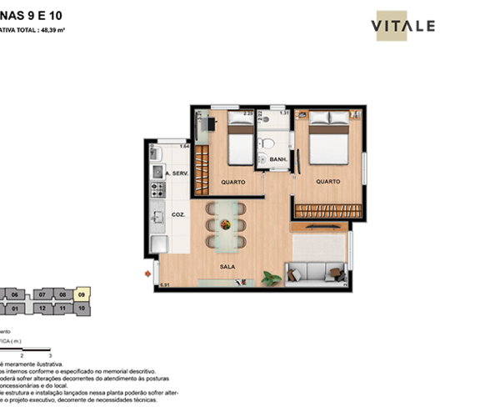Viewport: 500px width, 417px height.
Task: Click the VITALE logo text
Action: (402, 26)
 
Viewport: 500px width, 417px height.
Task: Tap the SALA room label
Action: (227, 267)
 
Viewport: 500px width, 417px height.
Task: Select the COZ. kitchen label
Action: (177, 214)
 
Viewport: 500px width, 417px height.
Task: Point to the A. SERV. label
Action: (177, 173)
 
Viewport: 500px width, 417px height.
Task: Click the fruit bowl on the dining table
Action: (226, 223)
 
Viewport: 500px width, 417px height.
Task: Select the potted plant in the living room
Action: (269, 278)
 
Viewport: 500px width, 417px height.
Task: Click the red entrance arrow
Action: (147, 273)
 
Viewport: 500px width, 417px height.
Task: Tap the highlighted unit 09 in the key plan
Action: (82, 294)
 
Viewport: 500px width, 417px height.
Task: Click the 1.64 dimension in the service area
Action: (184, 146)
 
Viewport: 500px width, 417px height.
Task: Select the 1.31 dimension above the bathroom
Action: (283, 113)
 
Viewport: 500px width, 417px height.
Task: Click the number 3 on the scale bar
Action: (51, 355)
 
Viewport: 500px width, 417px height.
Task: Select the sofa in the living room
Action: (315, 273)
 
